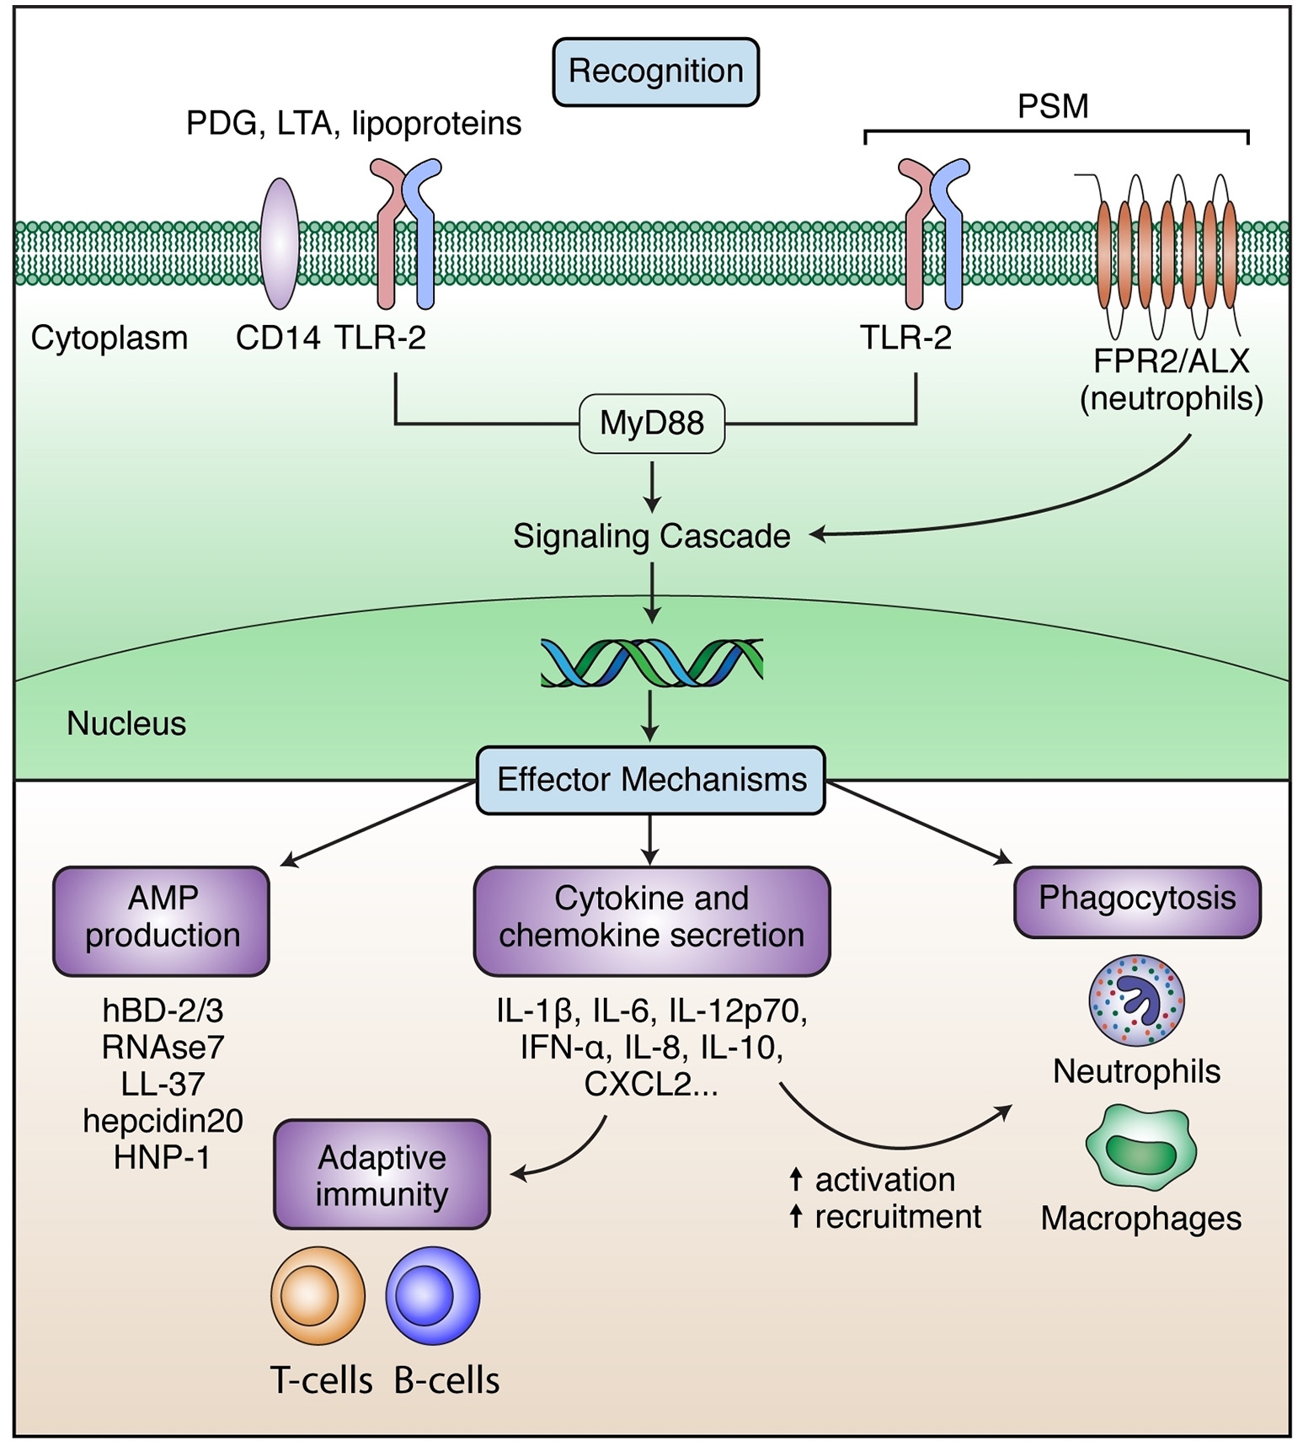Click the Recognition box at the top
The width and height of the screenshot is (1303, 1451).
click(655, 72)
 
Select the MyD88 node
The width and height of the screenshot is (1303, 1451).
click(652, 424)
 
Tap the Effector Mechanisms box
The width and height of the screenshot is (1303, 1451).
click(651, 780)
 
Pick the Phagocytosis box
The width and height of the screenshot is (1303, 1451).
click(1137, 899)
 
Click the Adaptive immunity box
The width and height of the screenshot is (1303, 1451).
click(382, 1176)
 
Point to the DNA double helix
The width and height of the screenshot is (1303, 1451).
click(651, 662)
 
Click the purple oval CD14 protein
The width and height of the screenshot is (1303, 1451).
click(280, 244)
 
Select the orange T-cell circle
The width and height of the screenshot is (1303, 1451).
click(318, 1295)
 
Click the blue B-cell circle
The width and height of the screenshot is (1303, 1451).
click(433, 1295)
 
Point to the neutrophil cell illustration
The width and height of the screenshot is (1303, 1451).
click(1137, 1000)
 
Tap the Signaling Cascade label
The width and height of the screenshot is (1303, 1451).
click(651, 536)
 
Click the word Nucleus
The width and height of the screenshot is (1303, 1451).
click(126, 724)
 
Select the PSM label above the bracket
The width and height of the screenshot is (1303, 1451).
click(1053, 107)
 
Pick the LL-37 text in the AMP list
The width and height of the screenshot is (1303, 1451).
click(163, 1085)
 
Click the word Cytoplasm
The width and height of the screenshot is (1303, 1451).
click(109, 339)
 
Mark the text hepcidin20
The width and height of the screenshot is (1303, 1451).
click(163, 1122)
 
